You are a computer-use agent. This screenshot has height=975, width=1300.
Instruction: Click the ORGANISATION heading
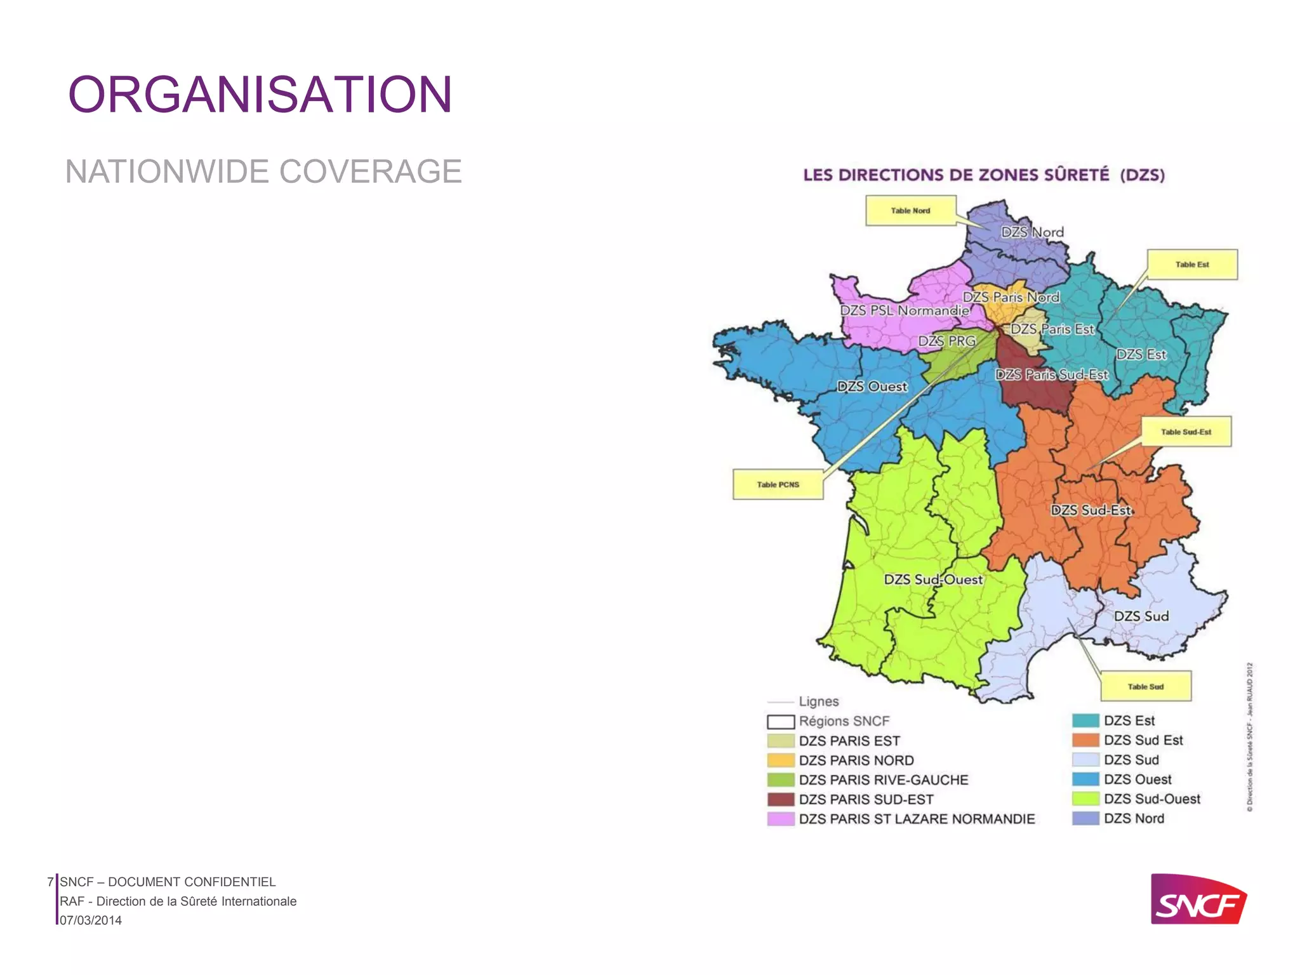(x=260, y=95)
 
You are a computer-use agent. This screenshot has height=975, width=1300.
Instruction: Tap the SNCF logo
(x=1198, y=899)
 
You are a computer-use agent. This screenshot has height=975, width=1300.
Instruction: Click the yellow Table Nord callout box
(x=910, y=211)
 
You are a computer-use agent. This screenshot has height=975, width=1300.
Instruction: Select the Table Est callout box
(x=1191, y=265)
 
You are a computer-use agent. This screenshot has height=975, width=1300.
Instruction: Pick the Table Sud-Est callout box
(x=1186, y=432)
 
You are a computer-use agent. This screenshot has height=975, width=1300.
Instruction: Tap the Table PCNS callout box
(x=778, y=484)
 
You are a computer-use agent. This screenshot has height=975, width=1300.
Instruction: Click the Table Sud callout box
(x=1145, y=686)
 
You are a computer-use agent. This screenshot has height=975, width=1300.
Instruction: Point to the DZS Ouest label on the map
(x=872, y=387)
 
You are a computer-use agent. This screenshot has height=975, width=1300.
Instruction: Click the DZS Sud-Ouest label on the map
(x=933, y=580)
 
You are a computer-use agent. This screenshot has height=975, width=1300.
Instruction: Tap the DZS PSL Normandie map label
(x=905, y=310)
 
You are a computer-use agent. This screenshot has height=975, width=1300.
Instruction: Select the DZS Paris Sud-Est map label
(x=1051, y=375)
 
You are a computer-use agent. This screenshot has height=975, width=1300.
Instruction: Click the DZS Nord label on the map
(x=1032, y=232)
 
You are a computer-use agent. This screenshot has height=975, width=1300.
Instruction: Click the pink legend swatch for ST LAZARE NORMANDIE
(x=780, y=819)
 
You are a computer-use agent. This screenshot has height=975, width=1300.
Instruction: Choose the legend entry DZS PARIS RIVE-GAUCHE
(x=883, y=779)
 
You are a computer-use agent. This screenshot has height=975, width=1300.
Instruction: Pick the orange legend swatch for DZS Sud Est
(x=1085, y=740)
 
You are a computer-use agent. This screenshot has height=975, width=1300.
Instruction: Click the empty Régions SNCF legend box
(x=780, y=722)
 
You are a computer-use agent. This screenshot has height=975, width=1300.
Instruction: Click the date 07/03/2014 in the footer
(x=91, y=920)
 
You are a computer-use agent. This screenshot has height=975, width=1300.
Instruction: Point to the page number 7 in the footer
(x=50, y=882)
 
